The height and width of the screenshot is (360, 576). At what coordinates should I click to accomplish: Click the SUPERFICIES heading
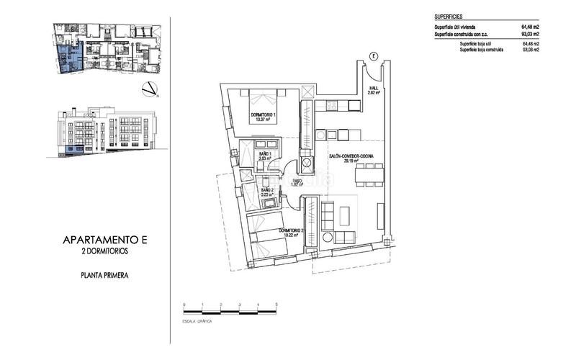449,15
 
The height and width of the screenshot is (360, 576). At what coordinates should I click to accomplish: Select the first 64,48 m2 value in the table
530,27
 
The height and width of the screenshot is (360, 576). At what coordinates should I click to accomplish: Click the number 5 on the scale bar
276,306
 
